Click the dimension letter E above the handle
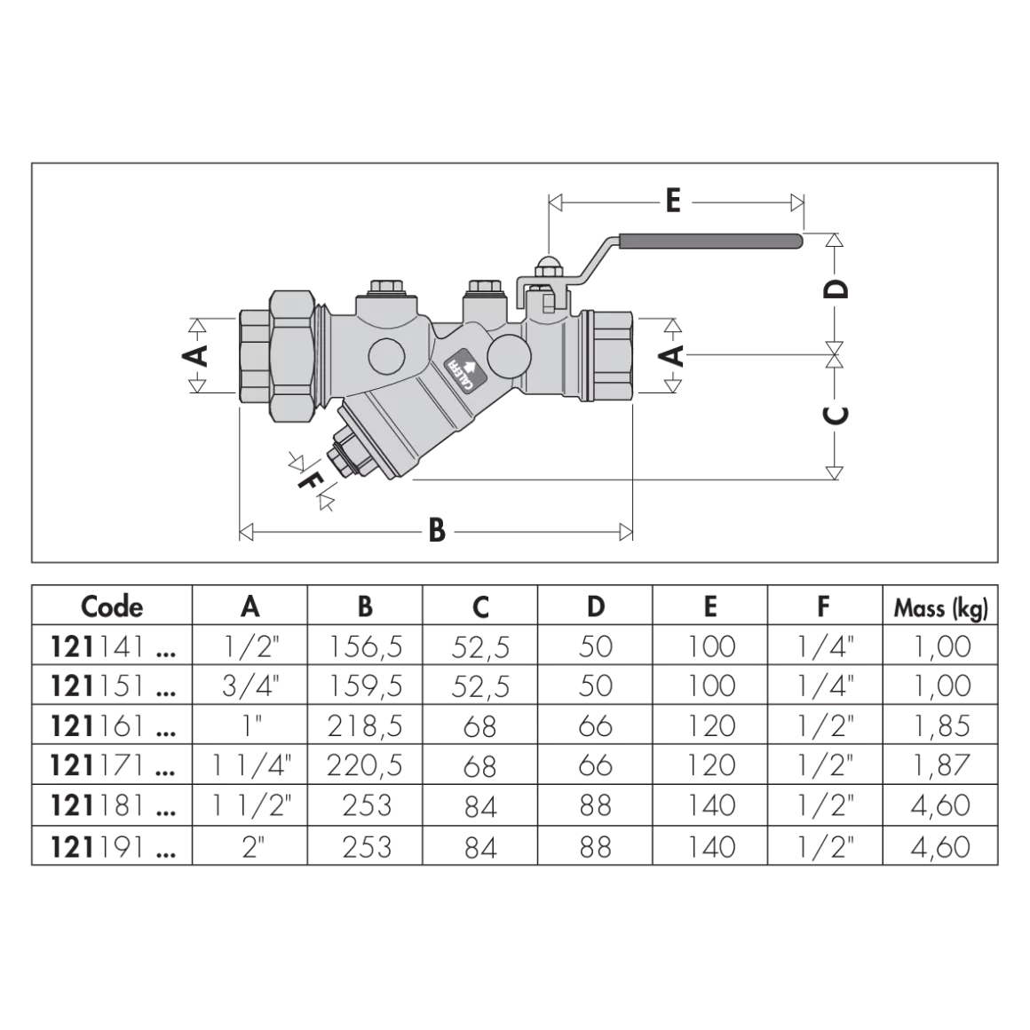click(673, 201)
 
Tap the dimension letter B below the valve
click(437, 530)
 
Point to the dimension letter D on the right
click(836, 289)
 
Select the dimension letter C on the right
click(836, 415)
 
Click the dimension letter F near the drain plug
click(309, 481)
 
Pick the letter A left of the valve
click(195, 355)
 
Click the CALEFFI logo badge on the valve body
click(464, 371)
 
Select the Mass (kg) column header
click(940, 608)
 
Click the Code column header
click(112, 606)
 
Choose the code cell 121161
click(113, 725)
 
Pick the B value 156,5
click(365, 647)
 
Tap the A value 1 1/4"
click(251, 765)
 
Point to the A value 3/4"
click(251, 685)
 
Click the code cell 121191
click(113, 847)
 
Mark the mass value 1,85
click(940, 725)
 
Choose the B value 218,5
click(365, 725)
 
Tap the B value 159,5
click(365, 686)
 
